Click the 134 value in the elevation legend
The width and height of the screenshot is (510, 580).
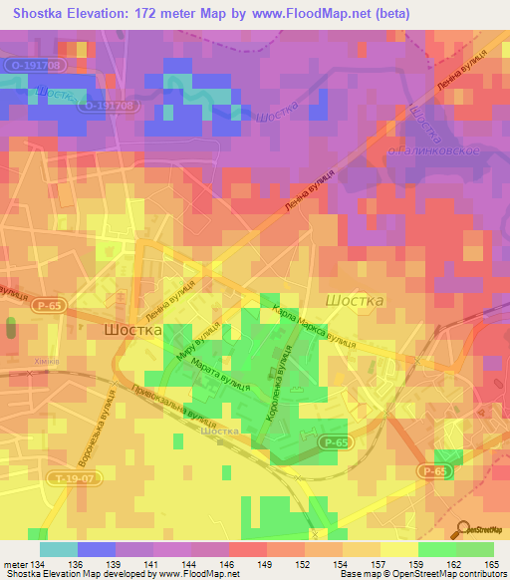pyautogui.click(x=31, y=564)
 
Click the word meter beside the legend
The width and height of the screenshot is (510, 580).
pyautogui.click(x=11, y=564)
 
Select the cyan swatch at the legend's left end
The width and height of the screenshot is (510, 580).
pyautogui.click(x=58, y=549)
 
